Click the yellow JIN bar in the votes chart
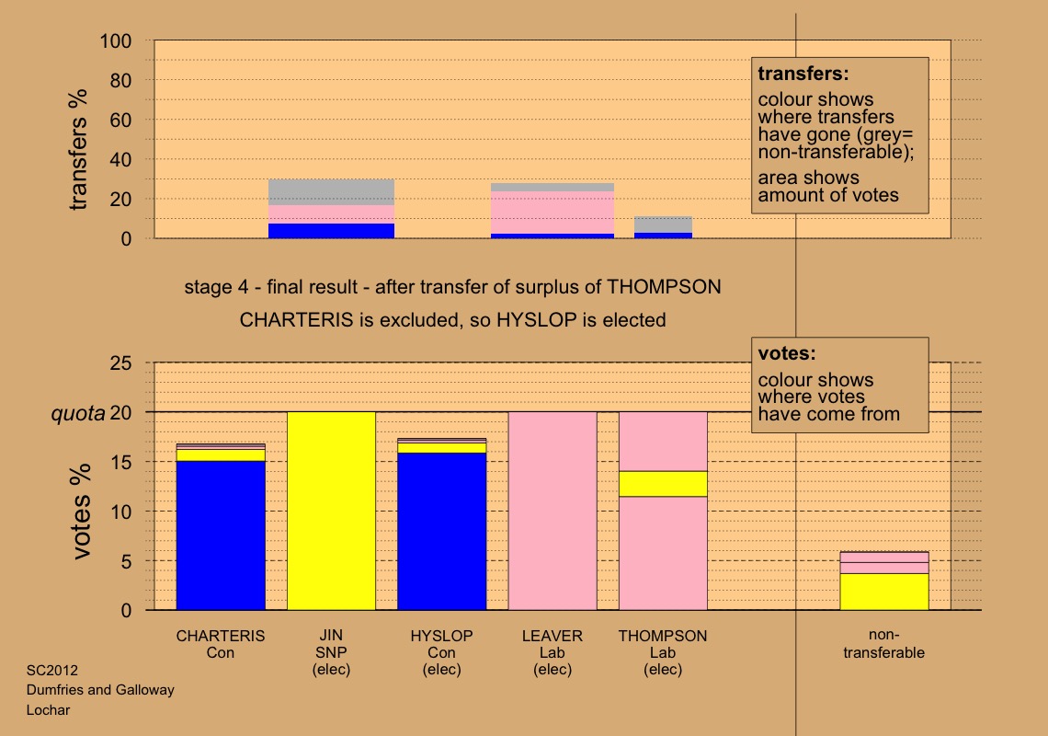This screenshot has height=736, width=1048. pos(331,511)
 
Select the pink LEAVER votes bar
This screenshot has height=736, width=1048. pos(552,511)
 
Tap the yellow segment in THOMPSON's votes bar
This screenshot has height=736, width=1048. pos(662,483)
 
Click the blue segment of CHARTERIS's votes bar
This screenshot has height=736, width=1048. pos(221,534)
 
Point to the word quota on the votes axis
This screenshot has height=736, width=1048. pos(76,413)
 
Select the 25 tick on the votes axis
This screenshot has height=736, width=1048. pos(121,363)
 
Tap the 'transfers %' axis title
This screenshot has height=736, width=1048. pos(80,149)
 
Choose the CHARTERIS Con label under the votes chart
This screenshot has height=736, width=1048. pos(221,644)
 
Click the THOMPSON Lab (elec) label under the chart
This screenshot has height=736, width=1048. pos(662,652)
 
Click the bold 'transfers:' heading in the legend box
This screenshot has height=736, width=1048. pos(802,73)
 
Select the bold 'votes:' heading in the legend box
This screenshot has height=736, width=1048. pos(787,353)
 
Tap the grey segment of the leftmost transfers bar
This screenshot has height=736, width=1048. pos(331,191)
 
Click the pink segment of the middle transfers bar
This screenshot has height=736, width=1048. pos(552,212)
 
